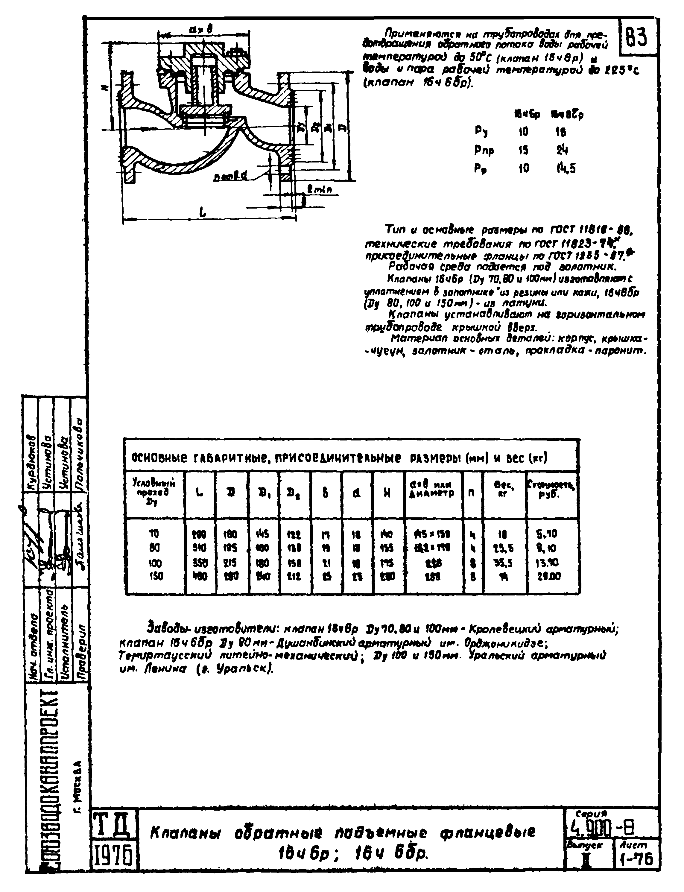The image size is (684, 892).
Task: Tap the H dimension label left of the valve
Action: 105,87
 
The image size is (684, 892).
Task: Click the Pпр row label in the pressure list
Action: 484,150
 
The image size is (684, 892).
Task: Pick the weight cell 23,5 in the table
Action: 504,548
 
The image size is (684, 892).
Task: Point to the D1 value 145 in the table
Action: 263,534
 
